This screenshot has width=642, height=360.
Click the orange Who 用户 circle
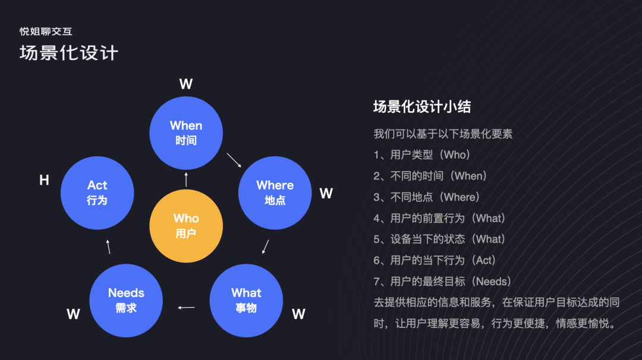(186, 226)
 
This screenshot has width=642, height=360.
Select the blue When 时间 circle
(186, 133)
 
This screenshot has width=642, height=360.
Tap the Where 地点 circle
(275, 193)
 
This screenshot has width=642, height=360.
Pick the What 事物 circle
(246, 301)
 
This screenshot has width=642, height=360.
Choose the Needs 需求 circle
(126, 301)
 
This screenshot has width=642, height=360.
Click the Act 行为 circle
(97, 193)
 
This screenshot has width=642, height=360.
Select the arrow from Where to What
(265, 247)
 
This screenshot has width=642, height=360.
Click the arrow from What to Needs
(187, 307)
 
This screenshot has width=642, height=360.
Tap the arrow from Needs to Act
(108, 247)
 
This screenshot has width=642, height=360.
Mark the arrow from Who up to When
(186, 179)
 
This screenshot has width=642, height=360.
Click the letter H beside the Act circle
(44, 181)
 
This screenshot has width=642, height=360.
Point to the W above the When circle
(186, 84)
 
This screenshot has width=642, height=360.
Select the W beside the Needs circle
(73, 314)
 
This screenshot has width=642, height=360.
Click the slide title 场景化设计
(69, 53)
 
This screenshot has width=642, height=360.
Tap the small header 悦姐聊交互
(46, 31)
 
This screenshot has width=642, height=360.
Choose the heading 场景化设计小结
(422, 107)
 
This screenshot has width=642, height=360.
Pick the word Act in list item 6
(485, 260)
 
